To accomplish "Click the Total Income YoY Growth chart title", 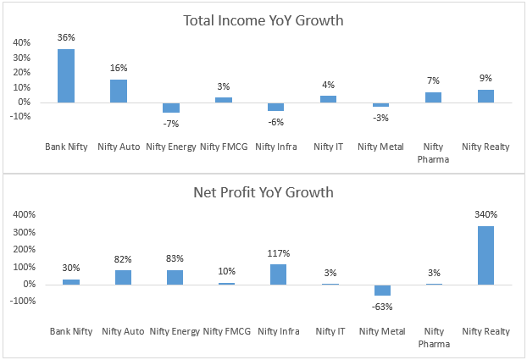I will click(x=263, y=20).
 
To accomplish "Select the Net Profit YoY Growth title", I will click(x=263, y=192).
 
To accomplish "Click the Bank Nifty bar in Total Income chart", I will click(x=66, y=75).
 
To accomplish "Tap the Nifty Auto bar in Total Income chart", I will click(x=119, y=91).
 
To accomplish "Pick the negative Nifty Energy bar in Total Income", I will click(x=171, y=108).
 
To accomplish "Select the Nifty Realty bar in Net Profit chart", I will click(x=486, y=255).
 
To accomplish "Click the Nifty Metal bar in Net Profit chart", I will click(x=381, y=290).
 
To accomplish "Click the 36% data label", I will click(x=66, y=37).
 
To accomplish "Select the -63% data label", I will click(x=382, y=307).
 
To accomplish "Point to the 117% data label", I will click(x=277, y=253).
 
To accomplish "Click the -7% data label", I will click(x=171, y=125).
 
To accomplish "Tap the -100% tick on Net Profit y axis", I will click(x=19, y=302).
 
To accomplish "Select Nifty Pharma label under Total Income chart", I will click(x=433, y=152).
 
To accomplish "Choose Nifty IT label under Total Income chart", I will click(x=328, y=147).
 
